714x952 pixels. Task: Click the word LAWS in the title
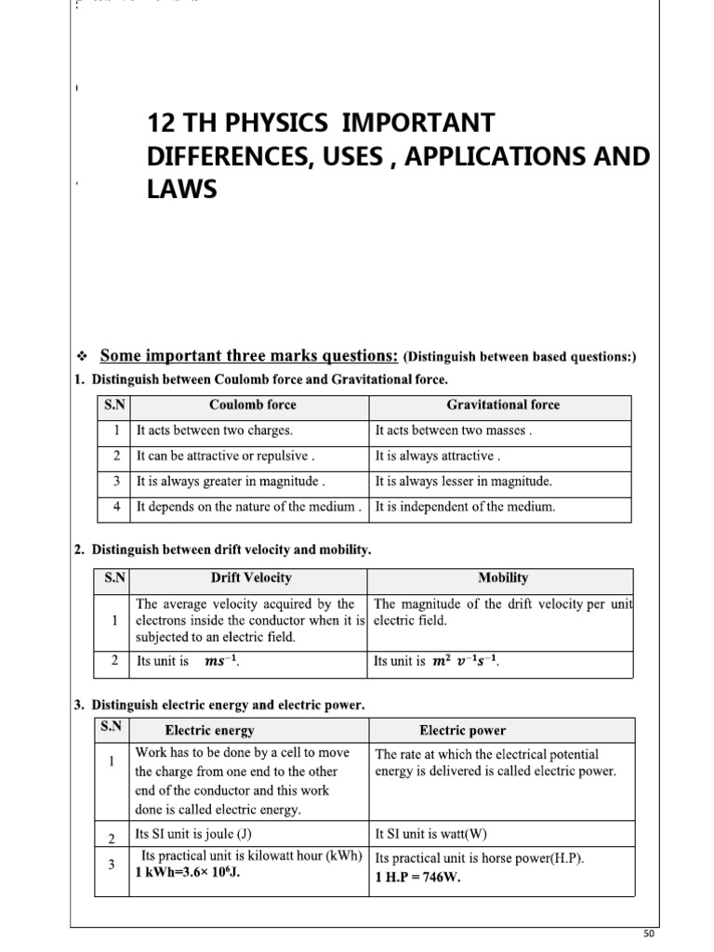click(x=182, y=190)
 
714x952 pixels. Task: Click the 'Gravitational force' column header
click(x=503, y=405)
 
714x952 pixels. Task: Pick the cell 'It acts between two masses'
click(x=453, y=431)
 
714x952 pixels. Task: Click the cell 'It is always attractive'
click(x=437, y=456)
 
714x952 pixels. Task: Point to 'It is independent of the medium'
click(x=465, y=507)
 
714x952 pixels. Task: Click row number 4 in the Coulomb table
click(x=116, y=507)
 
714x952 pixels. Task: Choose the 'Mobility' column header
click(x=503, y=578)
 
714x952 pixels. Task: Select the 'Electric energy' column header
click(x=209, y=731)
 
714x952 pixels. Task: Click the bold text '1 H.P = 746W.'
click(x=418, y=877)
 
